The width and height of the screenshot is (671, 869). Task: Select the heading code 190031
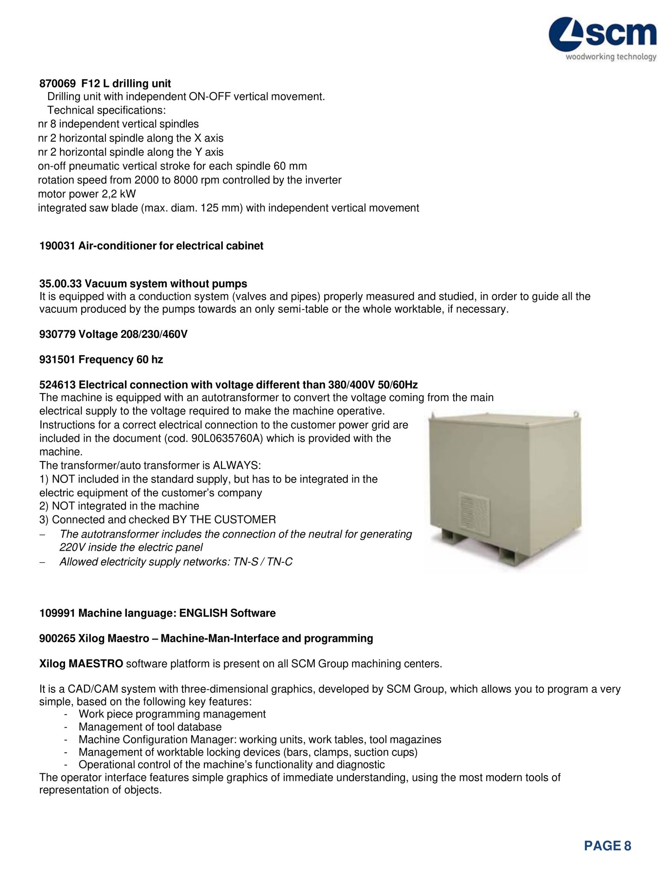pos(57,246)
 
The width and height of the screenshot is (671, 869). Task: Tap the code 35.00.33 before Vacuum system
pos(60,283)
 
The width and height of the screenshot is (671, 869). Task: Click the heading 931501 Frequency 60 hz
pos(101,360)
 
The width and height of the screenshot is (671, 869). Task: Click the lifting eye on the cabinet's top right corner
pos(575,413)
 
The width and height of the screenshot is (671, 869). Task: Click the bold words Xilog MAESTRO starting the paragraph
pos(81,664)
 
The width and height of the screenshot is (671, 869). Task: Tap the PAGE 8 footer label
pos(607,846)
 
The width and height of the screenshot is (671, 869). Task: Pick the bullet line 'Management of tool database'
pos(150,727)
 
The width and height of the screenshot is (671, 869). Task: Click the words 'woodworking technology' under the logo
pos(611,57)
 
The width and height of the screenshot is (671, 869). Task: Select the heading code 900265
pos(57,639)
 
